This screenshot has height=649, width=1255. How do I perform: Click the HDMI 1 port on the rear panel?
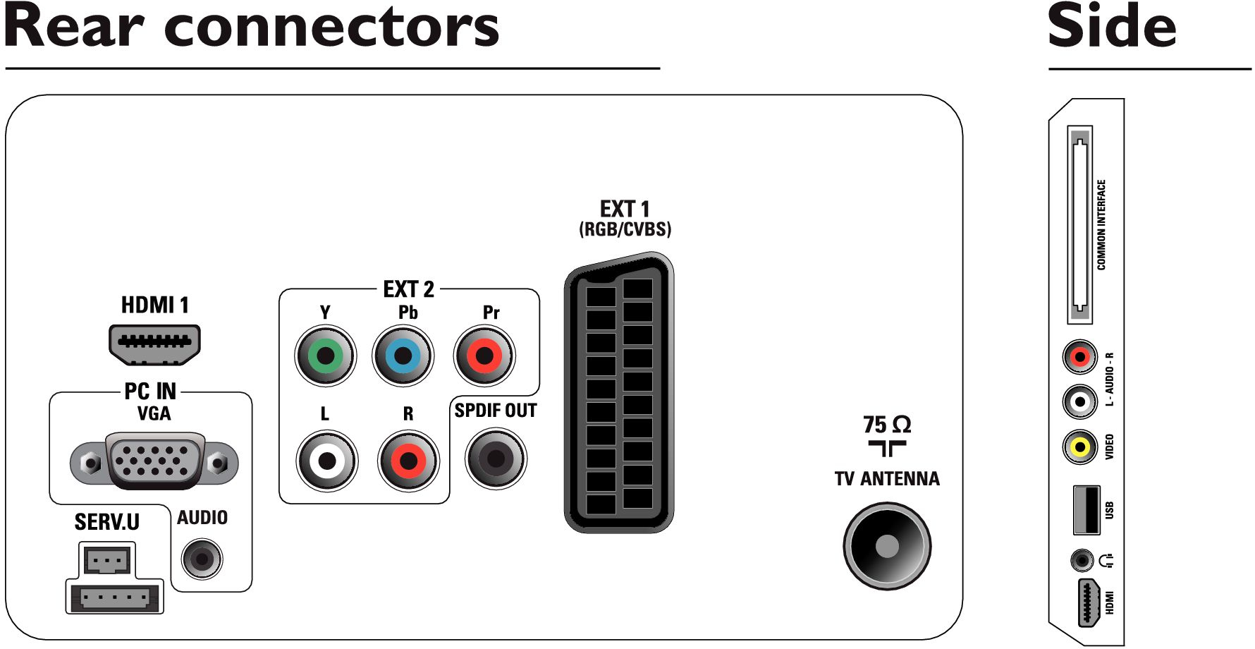tap(154, 345)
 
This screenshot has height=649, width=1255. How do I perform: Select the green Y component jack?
tap(325, 356)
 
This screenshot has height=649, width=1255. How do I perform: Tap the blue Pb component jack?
tap(403, 356)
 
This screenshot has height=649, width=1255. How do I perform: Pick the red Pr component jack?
tap(484, 356)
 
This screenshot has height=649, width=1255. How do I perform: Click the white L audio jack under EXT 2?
tap(326, 461)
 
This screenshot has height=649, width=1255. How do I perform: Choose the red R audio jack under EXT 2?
tap(408, 461)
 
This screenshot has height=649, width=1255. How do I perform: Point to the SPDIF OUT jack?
tap(496, 459)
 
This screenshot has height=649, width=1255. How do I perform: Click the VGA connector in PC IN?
tap(154, 461)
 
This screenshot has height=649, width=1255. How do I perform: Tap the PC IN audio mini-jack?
tap(202, 559)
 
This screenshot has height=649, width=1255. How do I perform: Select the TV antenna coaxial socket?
tap(887, 545)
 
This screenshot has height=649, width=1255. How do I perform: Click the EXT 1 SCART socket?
tap(619, 392)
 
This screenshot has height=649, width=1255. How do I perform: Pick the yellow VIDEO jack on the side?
tap(1080, 447)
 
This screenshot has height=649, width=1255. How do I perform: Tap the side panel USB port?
tap(1086, 509)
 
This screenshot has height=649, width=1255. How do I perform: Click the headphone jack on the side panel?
tap(1082, 561)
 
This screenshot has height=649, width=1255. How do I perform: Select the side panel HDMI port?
tap(1089, 603)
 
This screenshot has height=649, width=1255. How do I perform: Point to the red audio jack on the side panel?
tap(1080, 357)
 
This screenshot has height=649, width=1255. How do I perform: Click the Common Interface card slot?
tap(1080, 225)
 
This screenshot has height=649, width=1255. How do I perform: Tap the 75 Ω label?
tap(887, 425)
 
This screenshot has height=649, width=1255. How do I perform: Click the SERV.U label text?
tap(107, 522)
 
